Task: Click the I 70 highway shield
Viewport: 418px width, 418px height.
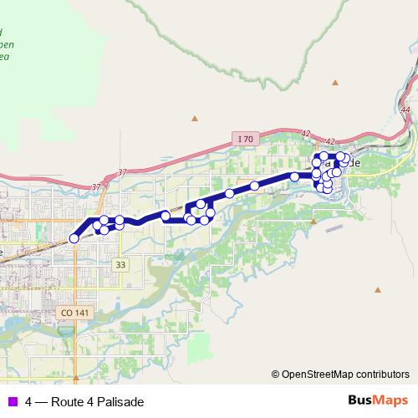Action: click(x=244, y=139)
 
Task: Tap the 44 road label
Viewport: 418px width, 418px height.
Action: click(x=405, y=110)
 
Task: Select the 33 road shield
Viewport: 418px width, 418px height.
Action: click(x=121, y=265)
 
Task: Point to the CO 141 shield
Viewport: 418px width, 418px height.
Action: click(x=74, y=313)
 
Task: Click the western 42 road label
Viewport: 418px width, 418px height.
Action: click(x=306, y=133)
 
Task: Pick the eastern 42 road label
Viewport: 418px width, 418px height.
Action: click(x=331, y=142)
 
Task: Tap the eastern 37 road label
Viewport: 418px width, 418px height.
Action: click(x=123, y=172)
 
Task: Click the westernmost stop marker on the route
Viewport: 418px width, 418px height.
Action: click(x=74, y=238)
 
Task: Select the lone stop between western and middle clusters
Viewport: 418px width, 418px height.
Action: click(x=166, y=217)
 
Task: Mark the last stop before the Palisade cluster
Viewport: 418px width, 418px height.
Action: click(x=294, y=176)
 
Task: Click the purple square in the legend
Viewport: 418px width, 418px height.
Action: click(x=12, y=401)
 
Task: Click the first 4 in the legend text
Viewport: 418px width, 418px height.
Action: click(x=29, y=401)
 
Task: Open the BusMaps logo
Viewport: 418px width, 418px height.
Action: click(x=377, y=400)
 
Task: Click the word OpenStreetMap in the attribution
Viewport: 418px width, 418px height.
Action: click(x=318, y=375)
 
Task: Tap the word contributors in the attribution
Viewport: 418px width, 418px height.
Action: click(x=382, y=375)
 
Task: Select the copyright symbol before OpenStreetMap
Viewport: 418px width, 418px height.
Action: click(x=275, y=375)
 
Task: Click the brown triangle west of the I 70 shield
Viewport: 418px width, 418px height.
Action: click(x=195, y=118)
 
